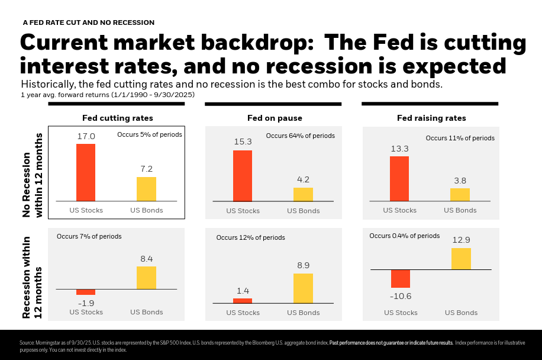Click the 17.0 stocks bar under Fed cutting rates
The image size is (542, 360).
(x=85, y=172)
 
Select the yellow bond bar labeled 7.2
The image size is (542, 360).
(x=146, y=189)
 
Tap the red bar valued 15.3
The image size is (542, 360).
(x=242, y=176)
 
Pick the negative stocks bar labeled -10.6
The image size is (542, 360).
(x=400, y=278)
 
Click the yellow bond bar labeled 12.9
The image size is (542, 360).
(x=461, y=259)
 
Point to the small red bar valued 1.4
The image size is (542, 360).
(x=242, y=301)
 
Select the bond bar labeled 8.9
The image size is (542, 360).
(x=303, y=288)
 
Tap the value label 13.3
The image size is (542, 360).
(x=399, y=148)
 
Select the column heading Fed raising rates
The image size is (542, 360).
(x=431, y=118)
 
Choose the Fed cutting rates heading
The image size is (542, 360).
(x=117, y=118)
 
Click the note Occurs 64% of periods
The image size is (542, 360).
(x=300, y=136)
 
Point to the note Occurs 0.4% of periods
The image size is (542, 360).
(x=404, y=236)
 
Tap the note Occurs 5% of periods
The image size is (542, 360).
(x=149, y=134)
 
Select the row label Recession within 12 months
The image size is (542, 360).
(x=32, y=275)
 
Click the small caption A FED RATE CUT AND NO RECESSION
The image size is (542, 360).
(x=88, y=22)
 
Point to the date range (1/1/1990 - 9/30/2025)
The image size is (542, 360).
(x=159, y=95)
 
